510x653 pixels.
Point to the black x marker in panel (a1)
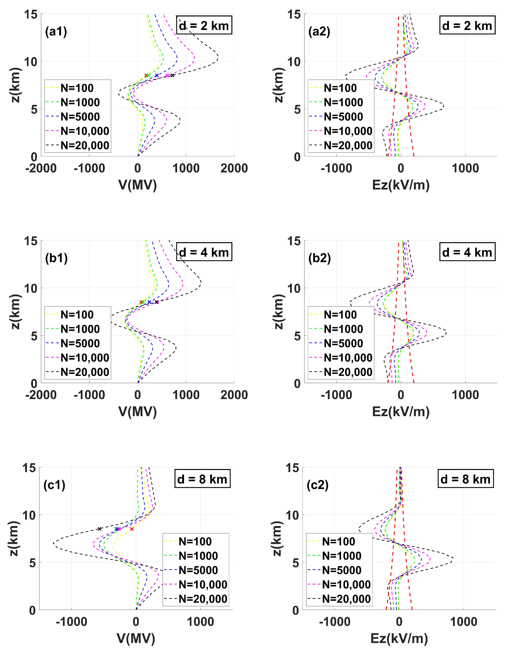[172, 75]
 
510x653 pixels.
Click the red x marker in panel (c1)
[132, 529]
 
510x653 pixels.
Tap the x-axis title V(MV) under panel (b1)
[138, 411]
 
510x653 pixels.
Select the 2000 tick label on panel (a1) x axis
[234, 168]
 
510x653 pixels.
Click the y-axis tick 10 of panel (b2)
[294, 289]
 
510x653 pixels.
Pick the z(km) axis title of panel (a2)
[279, 85]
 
